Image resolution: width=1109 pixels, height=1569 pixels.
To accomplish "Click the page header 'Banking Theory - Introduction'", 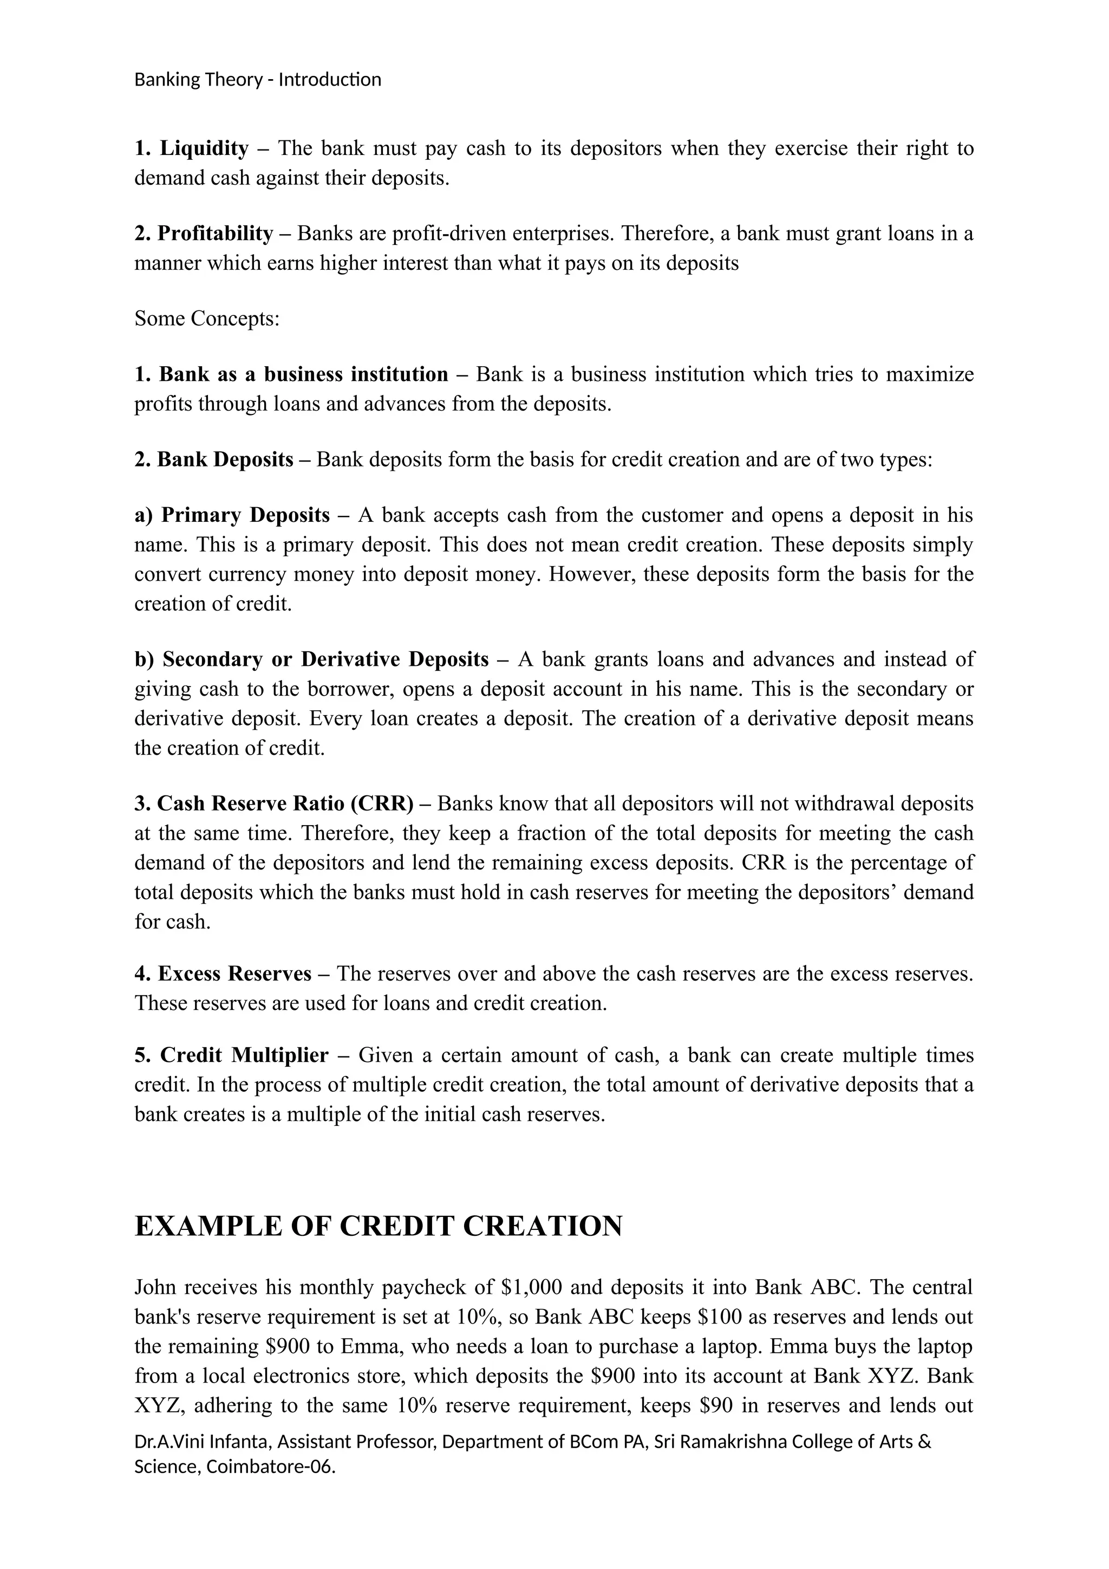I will pos(257,80).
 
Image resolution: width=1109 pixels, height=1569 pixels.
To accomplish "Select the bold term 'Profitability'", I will pos(215,234).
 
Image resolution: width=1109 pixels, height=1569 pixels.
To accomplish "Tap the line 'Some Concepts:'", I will pos(207,319).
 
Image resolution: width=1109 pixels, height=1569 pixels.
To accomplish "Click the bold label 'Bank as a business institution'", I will pos(303,374).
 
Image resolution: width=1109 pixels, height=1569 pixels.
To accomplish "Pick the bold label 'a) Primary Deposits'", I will pos(232,515).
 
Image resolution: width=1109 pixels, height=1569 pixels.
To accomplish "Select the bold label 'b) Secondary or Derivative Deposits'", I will pos(311,659).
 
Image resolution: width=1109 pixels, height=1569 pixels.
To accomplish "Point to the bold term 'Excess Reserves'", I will pos(234,974).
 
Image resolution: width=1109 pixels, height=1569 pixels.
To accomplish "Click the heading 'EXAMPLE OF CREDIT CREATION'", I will pos(379,1226).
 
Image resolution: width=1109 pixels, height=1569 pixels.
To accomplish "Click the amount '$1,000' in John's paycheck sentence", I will pos(531,1287).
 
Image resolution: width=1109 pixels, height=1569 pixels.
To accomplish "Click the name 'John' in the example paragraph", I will pos(156,1287).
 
